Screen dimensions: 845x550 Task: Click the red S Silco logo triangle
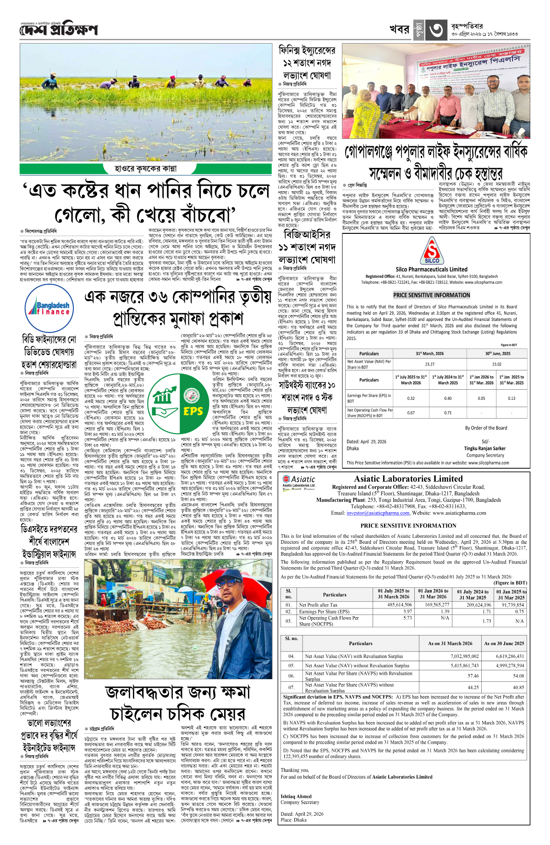432,251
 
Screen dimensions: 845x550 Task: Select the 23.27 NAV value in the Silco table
429,364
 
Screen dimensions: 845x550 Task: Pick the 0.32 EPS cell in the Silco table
411,398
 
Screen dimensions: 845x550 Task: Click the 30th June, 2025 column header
497,353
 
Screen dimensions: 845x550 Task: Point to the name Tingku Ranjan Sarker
484,448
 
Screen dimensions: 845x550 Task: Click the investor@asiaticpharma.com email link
378,513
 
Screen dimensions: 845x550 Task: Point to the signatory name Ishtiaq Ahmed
296,796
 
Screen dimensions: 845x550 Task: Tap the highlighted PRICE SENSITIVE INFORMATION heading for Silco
431,295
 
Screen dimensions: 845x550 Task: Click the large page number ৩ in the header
436,30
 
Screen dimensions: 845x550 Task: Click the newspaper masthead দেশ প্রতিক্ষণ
59,30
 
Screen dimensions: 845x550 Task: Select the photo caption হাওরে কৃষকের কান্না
145,168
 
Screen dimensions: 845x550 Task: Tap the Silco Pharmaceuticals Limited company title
431,270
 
